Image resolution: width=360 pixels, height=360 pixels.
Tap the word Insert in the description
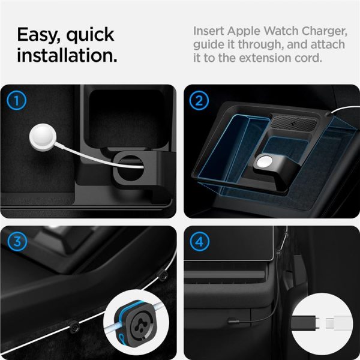[210, 31]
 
